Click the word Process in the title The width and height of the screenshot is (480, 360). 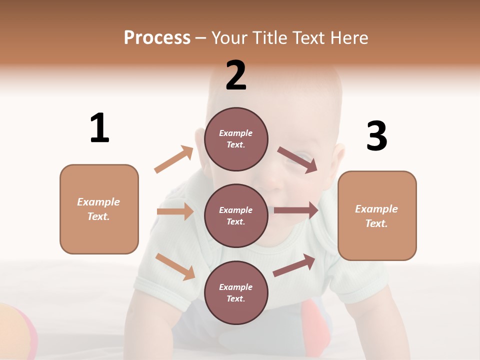point(157,37)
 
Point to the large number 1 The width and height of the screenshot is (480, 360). point(99,128)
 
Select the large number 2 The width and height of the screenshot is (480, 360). point(236,75)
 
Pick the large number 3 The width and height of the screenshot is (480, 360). point(376,136)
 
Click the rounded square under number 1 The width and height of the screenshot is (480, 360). point(99,209)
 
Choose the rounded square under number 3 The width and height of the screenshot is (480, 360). point(377,215)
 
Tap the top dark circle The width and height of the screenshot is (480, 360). point(236,138)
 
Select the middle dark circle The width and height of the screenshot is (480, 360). point(236,215)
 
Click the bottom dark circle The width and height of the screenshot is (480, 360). point(236,292)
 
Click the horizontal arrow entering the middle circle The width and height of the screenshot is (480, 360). point(175,211)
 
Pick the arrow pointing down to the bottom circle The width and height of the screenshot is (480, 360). point(175,266)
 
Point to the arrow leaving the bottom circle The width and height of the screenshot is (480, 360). point(294,265)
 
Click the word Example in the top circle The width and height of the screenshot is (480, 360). point(236,133)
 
